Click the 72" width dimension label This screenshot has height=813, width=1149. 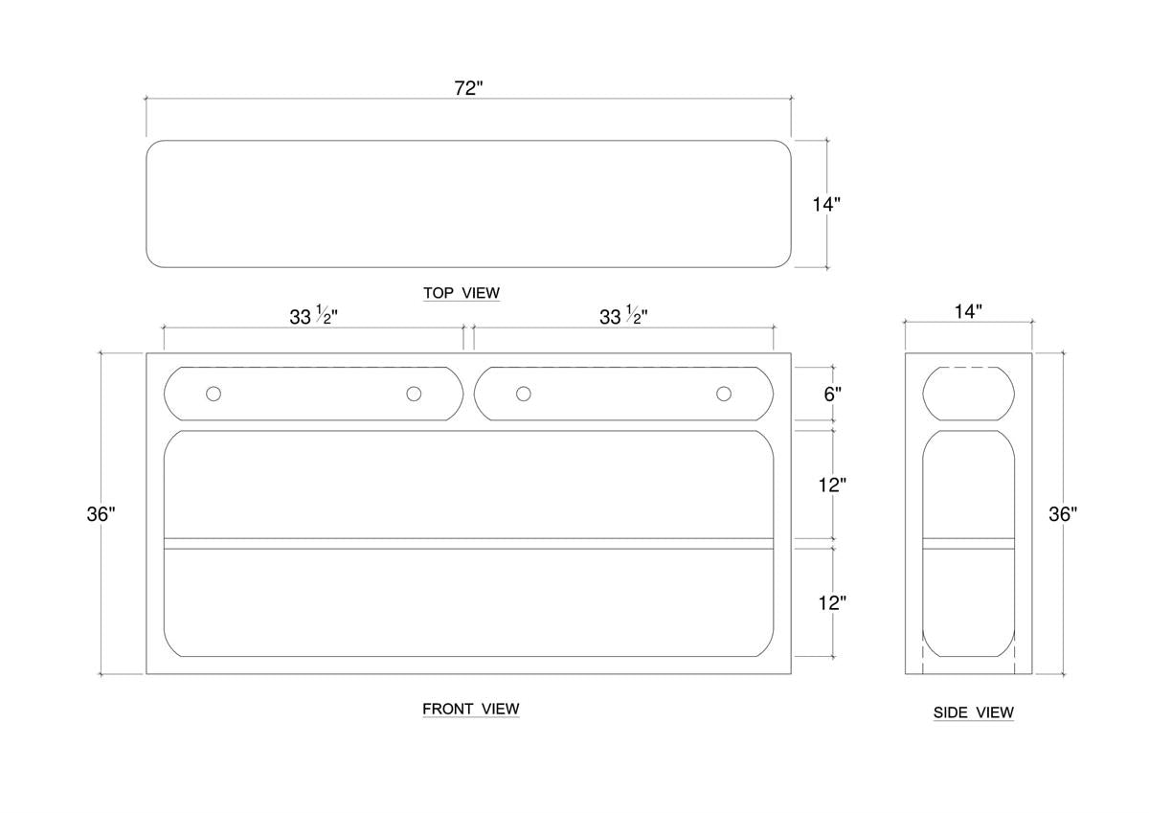point(468,88)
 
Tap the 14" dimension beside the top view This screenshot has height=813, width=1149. point(826,205)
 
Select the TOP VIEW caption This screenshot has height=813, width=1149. point(462,293)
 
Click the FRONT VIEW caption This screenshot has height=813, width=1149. point(471,709)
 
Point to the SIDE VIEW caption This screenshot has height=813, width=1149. point(974,712)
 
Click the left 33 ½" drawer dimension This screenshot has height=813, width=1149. point(313,315)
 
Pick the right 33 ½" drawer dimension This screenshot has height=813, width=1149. point(623,315)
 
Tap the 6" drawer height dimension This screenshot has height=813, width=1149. point(832,394)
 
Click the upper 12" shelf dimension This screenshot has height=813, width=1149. point(832,485)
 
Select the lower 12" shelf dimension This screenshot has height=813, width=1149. point(832,603)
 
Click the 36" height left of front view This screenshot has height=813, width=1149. point(101,514)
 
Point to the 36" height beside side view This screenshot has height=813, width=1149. point(1063,514)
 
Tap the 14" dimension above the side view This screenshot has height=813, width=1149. point(968,311)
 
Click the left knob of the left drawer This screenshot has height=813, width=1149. point(214,394)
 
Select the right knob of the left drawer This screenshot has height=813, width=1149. point(414,394)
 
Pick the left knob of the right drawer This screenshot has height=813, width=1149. point(523,394)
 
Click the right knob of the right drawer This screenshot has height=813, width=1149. point(724,394)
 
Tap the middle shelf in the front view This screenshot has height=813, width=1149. point(468,544)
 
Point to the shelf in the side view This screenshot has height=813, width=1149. point(968,544)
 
